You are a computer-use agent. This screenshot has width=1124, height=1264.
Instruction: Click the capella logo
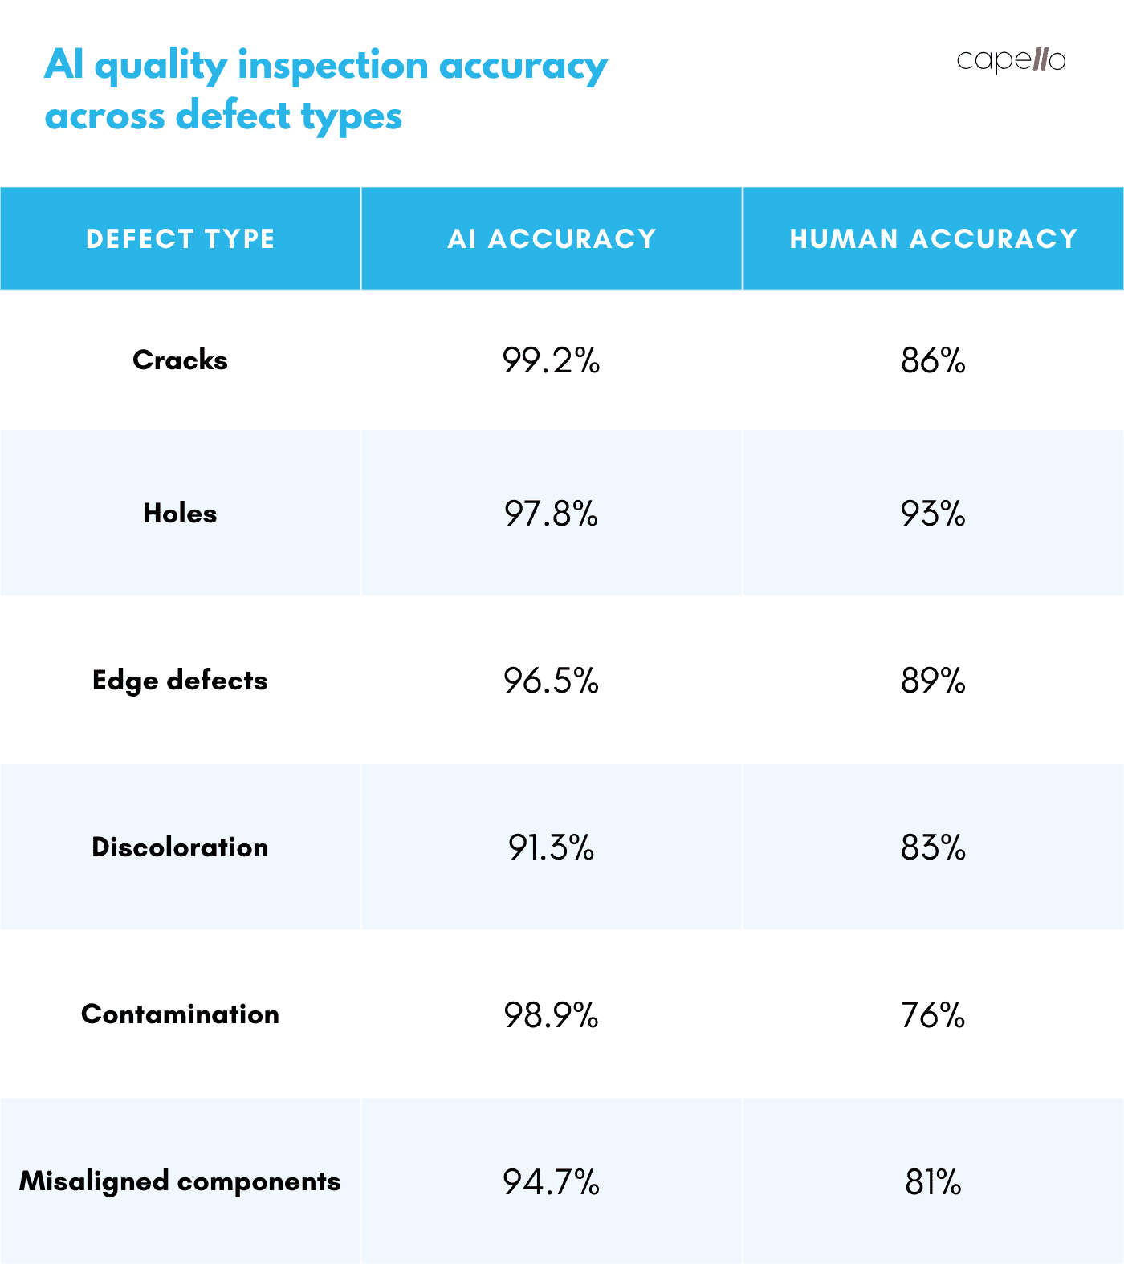1011,60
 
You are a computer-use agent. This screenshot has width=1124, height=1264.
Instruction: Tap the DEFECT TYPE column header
180,238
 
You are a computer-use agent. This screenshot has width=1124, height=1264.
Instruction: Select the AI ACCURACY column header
552,238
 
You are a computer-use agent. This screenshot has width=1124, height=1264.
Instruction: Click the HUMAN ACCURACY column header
933,238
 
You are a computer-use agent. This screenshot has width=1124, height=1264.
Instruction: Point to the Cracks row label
180,360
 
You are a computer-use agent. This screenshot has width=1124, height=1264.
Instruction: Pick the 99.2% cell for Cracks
552,361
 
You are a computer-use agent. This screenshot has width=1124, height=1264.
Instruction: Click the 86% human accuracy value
933,361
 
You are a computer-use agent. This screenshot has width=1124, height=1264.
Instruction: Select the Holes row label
180,514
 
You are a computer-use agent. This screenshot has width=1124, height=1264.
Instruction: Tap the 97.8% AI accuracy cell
552,514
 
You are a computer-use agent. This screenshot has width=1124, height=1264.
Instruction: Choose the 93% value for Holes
933,514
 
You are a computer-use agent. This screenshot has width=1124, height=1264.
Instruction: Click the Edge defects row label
180,681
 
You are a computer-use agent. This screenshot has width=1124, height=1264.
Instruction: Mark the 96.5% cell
552,681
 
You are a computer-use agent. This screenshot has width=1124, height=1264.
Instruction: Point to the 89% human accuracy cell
933,681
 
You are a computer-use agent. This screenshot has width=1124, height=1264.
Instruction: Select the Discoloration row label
180,847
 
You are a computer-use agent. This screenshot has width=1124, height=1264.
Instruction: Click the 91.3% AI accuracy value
552,848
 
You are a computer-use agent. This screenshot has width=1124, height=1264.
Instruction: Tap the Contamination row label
180,1014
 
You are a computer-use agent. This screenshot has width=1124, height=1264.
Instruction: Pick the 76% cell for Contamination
933,1015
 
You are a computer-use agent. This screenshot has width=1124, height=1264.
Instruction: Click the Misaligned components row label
180,1181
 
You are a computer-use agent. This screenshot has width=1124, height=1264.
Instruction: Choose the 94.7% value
552,1182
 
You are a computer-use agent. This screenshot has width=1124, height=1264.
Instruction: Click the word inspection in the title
333,66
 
